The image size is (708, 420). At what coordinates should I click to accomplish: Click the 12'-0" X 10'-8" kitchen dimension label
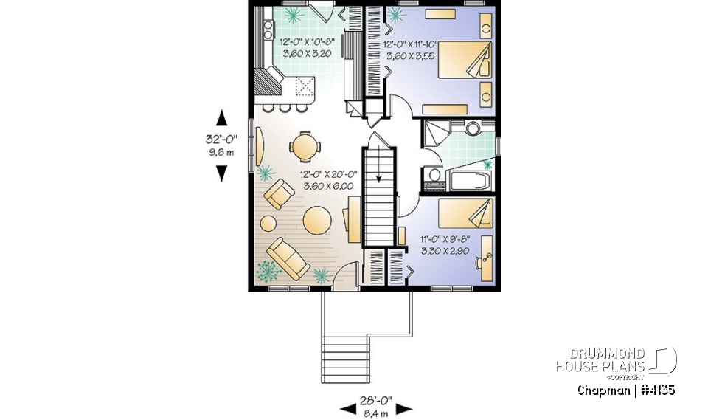pos(308,48)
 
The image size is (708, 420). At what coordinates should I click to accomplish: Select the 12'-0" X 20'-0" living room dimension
pos(328,180)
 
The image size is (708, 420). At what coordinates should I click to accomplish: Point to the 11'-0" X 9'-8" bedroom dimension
pos(448,244)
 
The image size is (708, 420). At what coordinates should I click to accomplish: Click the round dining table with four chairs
pos(305,145)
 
